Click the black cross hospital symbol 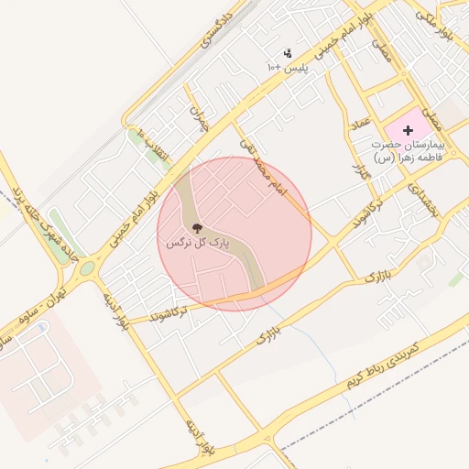(408, 131)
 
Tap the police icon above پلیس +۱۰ (288, 53)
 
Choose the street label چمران (200, 117)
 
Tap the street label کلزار (357, 170)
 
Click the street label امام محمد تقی (263, 166)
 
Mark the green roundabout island (87, 269)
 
